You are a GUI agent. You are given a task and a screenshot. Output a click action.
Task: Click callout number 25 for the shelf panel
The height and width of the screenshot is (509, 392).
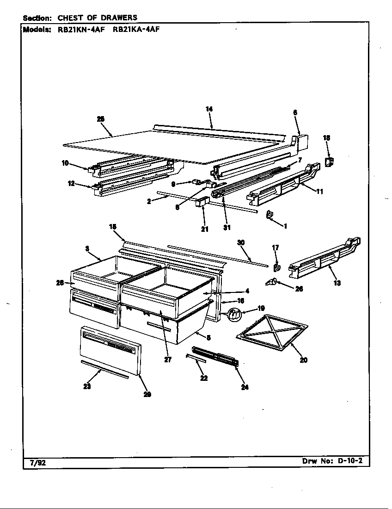(100, 119)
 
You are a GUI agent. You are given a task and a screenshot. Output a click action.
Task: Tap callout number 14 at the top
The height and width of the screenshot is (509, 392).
(209, 109)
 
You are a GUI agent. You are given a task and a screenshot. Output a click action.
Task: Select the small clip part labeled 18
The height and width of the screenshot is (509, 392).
(329, 161)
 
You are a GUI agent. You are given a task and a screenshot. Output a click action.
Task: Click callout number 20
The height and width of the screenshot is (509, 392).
(303, 360)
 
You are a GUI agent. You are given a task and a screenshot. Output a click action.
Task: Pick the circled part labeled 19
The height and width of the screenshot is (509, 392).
(235, 315)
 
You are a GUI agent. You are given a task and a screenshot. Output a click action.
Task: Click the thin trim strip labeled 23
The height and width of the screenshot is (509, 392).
(104, 369)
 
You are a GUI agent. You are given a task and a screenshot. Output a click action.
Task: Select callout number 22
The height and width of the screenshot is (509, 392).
(204, 378)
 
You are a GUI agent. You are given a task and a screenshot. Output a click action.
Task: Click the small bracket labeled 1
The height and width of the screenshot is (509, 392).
(270, 215)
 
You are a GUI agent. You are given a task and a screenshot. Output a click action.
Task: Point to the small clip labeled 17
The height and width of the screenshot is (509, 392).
(276, 267)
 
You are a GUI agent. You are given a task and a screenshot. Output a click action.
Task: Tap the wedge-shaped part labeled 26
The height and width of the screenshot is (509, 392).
(271, 282)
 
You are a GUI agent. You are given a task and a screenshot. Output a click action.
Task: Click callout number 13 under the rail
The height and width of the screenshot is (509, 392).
(337, 283)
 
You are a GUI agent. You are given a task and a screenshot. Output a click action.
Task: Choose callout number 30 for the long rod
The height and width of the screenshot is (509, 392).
(240, 242)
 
